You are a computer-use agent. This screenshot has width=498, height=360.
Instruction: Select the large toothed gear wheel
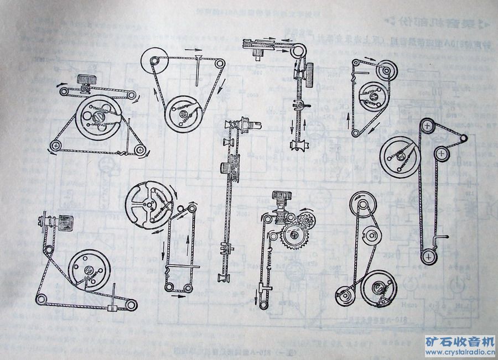[295, 239]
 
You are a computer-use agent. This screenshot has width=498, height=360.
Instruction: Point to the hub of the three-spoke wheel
[149, 205]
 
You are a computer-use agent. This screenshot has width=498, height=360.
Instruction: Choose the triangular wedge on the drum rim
[382, 303]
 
